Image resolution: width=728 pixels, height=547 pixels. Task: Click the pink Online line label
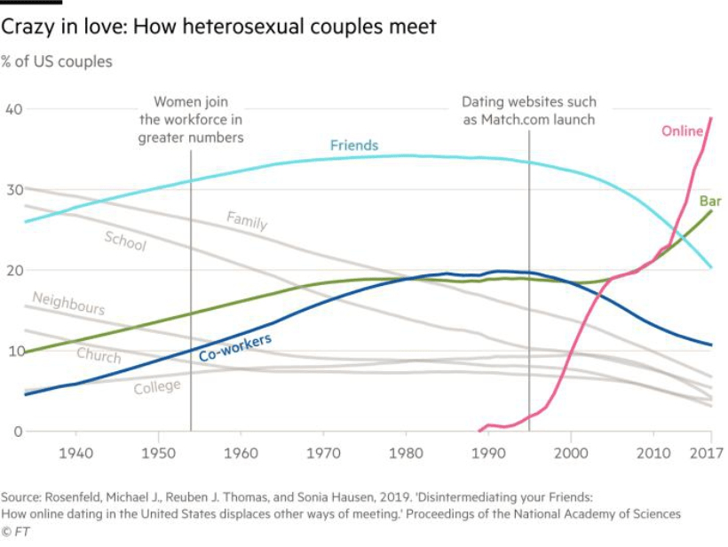pos(682,131)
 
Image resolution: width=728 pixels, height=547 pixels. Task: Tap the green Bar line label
pos(710,202)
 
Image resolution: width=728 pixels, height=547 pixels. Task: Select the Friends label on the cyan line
pos(354,145)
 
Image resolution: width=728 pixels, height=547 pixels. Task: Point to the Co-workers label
pos(234,348)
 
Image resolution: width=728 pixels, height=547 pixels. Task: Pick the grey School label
pos(125,240)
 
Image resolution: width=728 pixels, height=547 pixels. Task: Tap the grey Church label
pos(99,355)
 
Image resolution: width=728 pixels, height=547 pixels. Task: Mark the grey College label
pos(157,387)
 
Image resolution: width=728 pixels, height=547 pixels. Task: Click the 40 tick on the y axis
pos(14,109)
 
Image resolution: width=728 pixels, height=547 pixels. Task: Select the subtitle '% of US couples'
pos(56,61)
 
